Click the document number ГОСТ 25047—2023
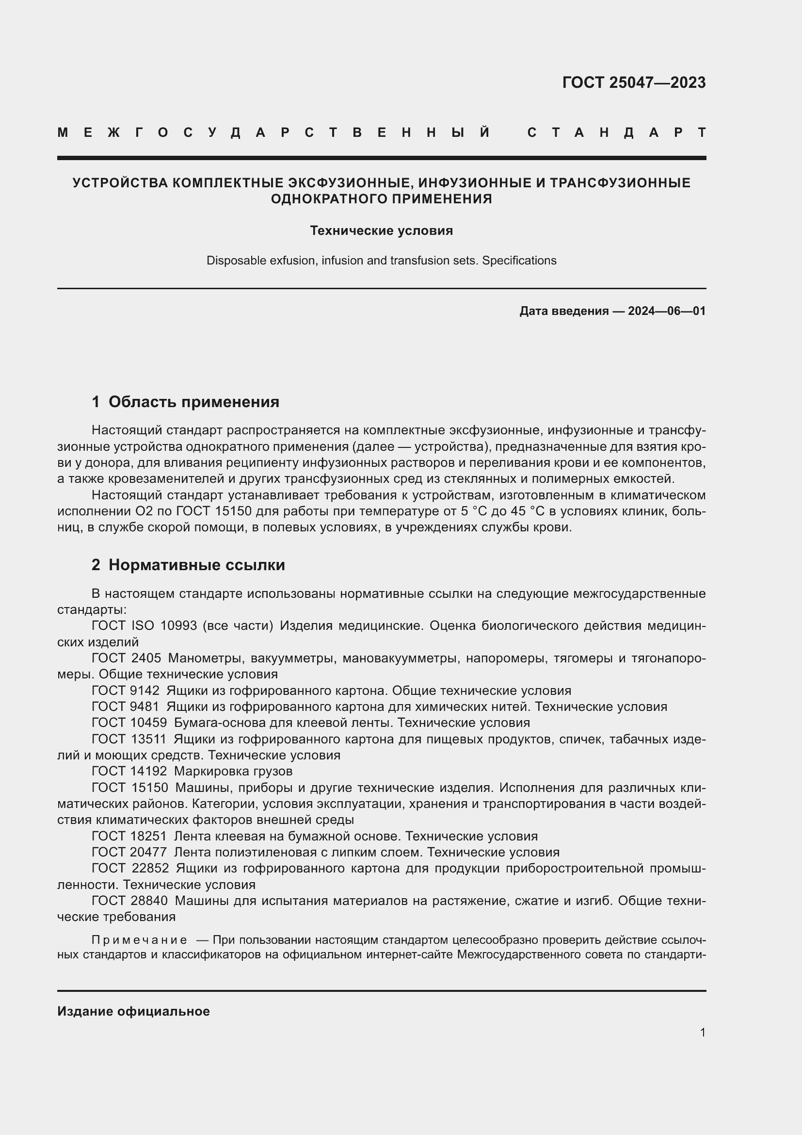(x=634, y=82)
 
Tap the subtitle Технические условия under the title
(x=381, y=231)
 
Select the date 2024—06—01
(x=667, y=311)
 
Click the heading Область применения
(x=193, y=402)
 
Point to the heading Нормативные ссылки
(x=196, y=564)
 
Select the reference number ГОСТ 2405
(x=127, y=658)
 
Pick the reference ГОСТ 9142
(x=126, y=691)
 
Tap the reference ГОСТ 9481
(x=126, y=707)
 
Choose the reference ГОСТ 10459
(x=129, y=723)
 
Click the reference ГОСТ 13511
(x=129, y=739)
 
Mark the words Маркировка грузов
(x=233, y=771)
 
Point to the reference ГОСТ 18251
(x=129, y=836)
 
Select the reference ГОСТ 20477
(x=129, y=852)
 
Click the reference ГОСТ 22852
(x=130, y=868)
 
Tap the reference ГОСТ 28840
(x=130, y=901)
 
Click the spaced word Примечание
(x=139, y=940)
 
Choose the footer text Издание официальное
(x=133, y=1011)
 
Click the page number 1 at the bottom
(x=703, y=1032)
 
